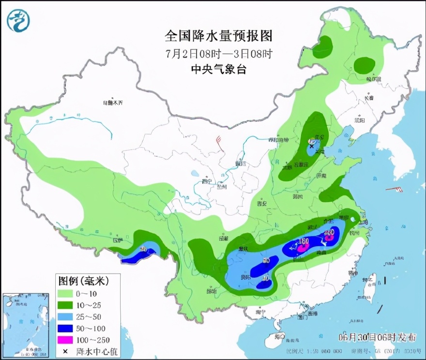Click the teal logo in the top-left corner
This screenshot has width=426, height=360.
(x=18, y=20)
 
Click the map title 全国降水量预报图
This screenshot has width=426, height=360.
(x=219, y=36)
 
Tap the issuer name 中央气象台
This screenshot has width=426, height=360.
(x=219, y=69)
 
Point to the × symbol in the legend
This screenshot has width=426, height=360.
(x=65, y=351)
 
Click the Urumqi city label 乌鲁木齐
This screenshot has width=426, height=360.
(x=113, y=103)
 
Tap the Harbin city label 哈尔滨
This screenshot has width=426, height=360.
(x=373, y=78)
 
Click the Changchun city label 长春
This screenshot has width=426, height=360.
(x=369, y=98)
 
